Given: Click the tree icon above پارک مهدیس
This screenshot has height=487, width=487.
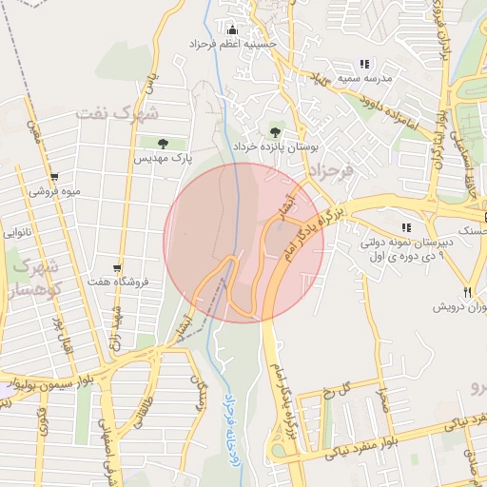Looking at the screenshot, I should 162,143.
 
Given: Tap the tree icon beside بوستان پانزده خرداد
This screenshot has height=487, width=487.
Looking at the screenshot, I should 275,132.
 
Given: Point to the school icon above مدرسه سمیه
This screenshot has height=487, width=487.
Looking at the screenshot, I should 363,64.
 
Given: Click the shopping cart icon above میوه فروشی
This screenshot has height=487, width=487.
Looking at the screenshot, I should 54,176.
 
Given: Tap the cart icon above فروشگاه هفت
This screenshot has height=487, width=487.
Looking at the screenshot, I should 116,268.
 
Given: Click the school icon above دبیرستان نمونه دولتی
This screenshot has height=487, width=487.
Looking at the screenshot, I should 406,227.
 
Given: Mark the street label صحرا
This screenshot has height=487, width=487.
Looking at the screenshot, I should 382,400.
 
